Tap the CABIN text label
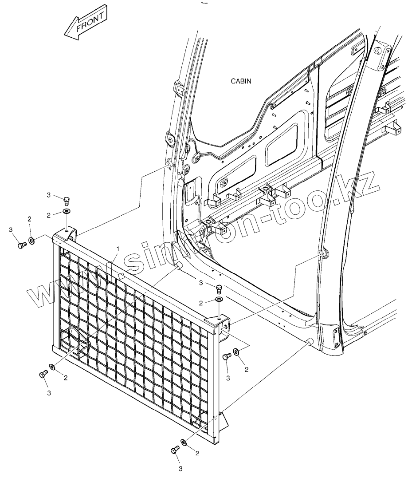click(241, 81)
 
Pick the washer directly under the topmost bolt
click(67, 211)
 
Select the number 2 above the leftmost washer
click(29, 219)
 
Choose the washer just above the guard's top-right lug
click(219, 300)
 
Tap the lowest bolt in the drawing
click(174, 450)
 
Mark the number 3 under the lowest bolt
click(180, 468)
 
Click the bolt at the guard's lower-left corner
click(43, 374)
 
